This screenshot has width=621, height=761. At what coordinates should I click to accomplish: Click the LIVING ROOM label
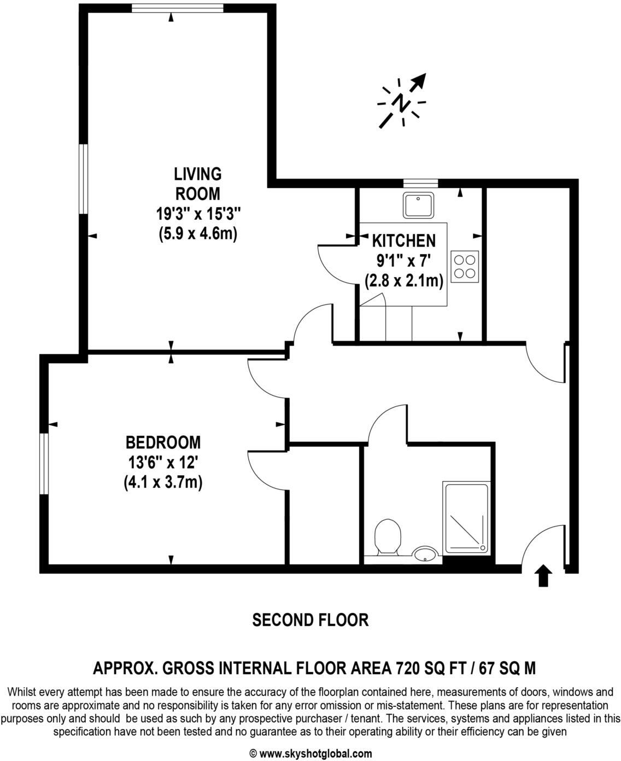coord(197,184)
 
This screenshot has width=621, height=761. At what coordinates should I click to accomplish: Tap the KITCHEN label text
coord(404,241)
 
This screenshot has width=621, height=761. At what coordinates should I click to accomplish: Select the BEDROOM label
coord(163,442)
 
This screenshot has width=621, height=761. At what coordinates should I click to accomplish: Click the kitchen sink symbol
coord(419,205)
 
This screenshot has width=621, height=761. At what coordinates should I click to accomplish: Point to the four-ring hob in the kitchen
coord(465,266)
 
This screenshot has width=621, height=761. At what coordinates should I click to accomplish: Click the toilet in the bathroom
coord(388,535)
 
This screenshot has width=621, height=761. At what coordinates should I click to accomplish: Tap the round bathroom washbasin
coord(425,554)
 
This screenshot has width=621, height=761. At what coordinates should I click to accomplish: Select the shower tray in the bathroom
coord(466,517)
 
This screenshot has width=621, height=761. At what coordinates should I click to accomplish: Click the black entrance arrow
coord(543,576)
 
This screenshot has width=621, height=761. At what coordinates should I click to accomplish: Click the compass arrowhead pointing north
coord(419,80)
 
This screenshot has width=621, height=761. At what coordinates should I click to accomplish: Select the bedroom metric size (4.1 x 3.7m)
coord(163,483)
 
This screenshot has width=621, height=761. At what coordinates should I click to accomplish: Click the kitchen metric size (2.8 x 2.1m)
coord(404,281)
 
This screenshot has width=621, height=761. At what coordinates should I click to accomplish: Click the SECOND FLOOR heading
coord(310,620)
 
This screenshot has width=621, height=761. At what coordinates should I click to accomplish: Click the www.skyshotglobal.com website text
coord(315,753)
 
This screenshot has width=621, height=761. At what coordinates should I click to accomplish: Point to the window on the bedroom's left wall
coord(44,464)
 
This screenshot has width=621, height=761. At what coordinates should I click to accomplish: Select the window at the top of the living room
coord(178,8)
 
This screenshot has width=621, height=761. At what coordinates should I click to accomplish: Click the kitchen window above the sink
coord(420,183)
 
